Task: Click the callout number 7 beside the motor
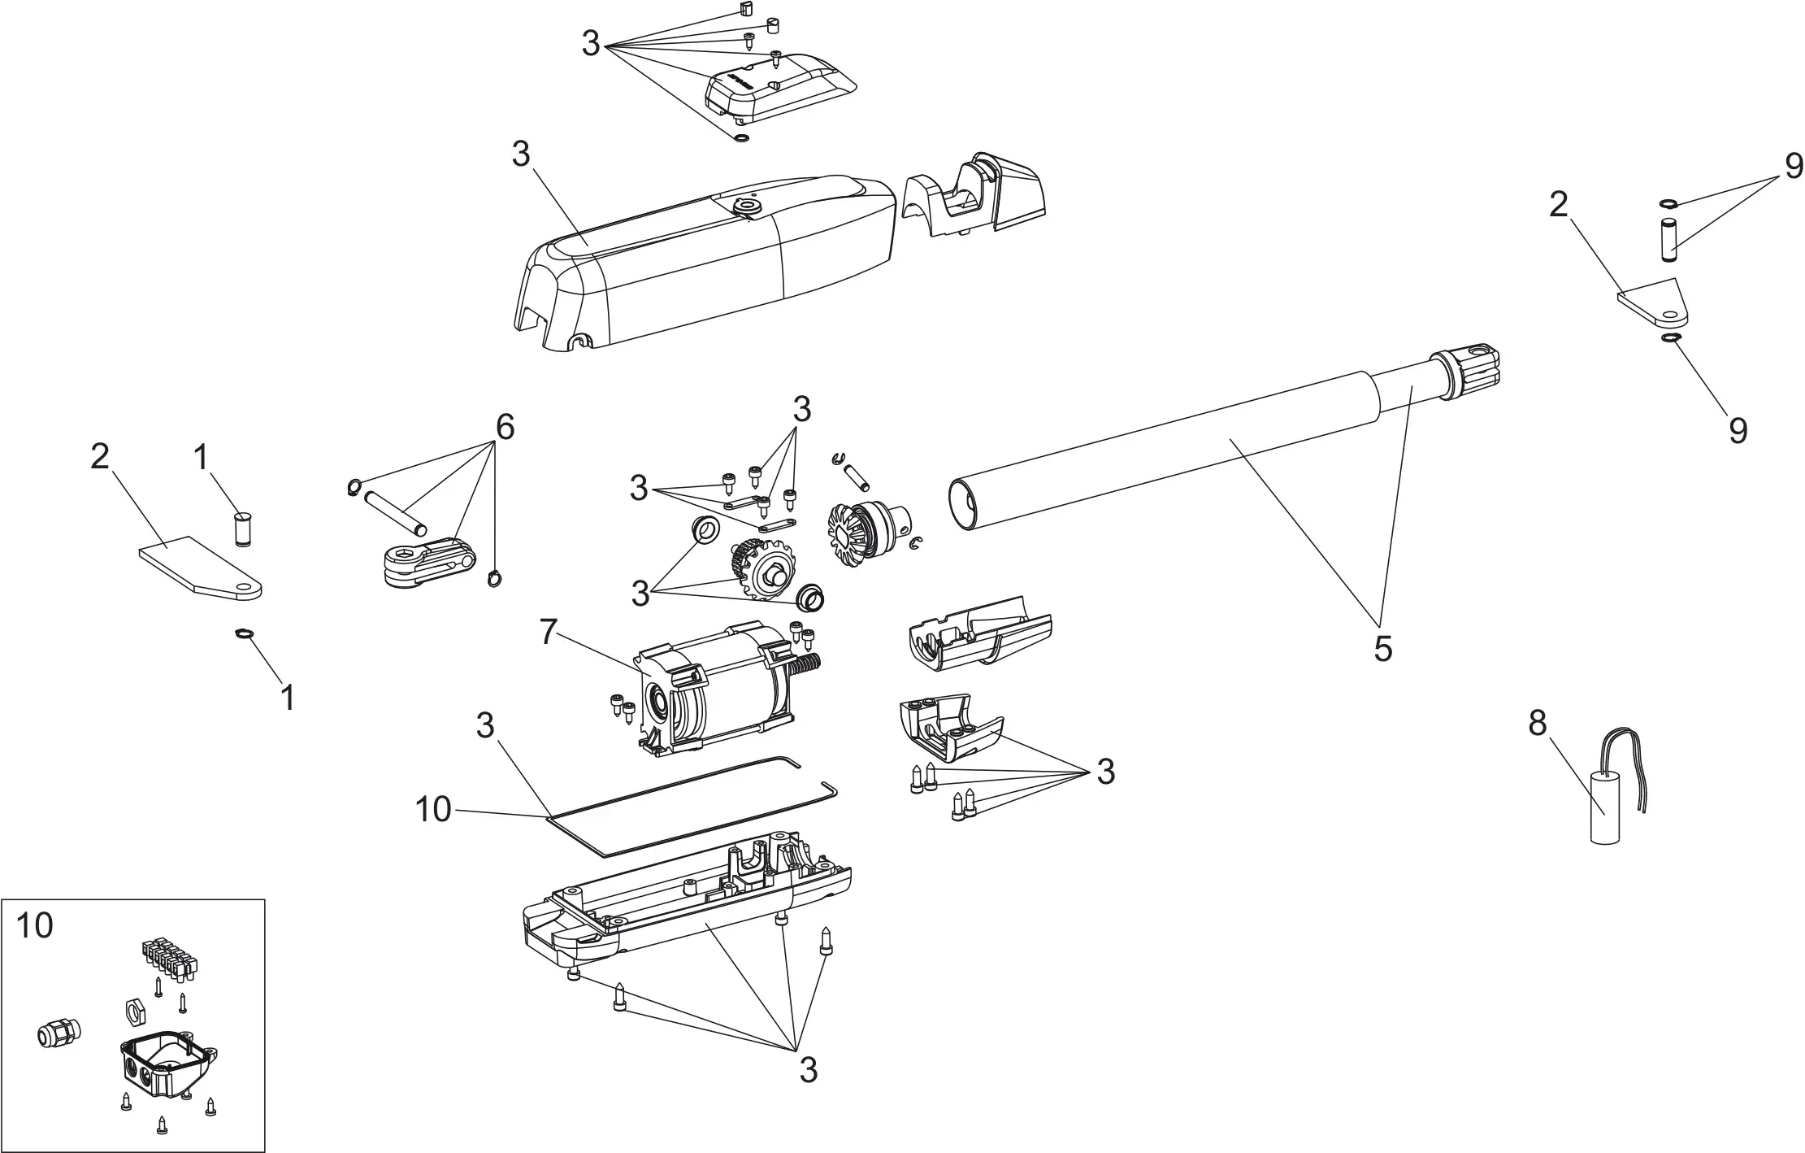coord(549,632)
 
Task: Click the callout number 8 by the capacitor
coord(1538,723)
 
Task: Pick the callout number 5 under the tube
coord(1383,649)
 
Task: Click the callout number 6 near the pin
coord(505,428)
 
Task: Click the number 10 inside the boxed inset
coord(35,925)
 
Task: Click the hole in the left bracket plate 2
coord(242,587)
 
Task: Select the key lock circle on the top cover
coord(744,208)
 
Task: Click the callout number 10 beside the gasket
coord(432,810)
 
